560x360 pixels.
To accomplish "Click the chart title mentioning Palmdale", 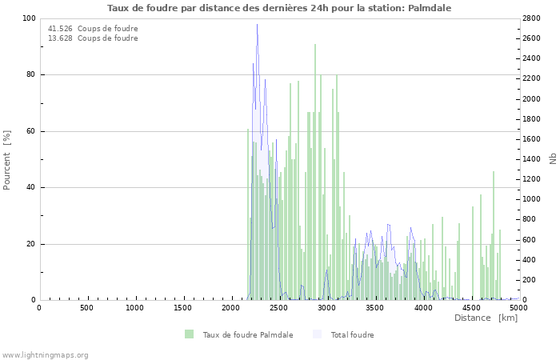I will (279, 8).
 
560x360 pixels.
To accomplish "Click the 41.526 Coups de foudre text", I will (93, 29).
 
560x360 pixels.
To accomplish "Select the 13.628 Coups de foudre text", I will (93, 38).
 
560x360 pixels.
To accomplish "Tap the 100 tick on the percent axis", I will (28, 18).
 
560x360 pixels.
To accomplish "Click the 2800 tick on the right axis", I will (534, 18).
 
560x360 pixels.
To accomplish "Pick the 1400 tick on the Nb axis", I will (534, 159).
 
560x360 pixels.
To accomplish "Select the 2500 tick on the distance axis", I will (279, 308).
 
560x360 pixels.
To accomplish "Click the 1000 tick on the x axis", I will (135, 308).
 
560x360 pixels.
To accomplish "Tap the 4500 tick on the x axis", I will (471, 308).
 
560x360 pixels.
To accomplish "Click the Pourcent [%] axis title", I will (7, 160).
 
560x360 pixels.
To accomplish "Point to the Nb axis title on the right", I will (552, 159).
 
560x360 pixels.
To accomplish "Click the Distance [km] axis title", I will (486, 318).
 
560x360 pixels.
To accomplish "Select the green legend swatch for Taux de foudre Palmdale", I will (190, 334).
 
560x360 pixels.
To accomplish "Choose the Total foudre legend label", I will (352, 335).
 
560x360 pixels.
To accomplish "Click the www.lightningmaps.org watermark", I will (45, 355).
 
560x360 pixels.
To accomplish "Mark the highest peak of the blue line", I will (257, 25).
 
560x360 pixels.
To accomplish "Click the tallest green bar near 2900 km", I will (315, 45).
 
